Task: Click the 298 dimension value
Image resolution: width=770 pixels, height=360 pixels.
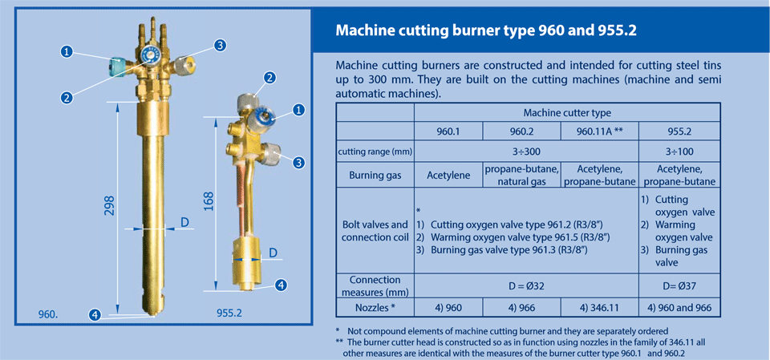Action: [109, 205]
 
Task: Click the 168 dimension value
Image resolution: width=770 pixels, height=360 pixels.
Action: [208, 202]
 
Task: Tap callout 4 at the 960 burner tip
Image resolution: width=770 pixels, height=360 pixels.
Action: [95, 314]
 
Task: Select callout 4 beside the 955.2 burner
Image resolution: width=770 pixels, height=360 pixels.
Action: [281, 285]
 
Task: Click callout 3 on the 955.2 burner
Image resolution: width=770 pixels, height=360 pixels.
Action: [298, 162]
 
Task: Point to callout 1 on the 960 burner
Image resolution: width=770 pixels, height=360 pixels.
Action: [67, 51]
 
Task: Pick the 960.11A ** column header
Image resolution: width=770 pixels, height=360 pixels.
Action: [598, 131]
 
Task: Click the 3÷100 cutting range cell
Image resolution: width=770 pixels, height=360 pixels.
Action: [679, 152]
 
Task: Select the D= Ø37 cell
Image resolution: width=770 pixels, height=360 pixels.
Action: [679, 286]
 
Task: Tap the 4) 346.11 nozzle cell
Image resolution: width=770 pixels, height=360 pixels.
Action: [599, 307]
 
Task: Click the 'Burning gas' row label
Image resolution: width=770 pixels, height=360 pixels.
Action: [375, 176]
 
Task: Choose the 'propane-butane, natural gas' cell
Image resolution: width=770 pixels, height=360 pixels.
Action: [521, 176]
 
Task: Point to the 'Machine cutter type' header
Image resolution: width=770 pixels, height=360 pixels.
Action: [567, 113]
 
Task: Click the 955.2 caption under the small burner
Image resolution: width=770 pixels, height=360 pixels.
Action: [229, 313]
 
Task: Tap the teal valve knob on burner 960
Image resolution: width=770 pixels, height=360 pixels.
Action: [116, 67]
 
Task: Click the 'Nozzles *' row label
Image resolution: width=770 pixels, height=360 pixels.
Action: [375, 307]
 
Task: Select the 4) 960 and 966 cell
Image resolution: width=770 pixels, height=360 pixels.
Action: [679, 307]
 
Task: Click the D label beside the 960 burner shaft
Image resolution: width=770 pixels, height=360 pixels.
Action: [184, 222]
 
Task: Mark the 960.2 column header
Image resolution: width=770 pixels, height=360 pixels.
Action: [521, 131]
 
